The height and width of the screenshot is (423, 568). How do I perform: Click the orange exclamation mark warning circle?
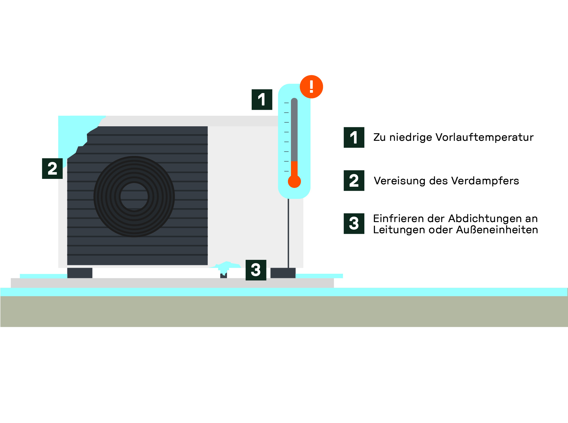click(x=311, y=87)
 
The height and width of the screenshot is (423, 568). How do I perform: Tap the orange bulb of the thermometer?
click(x=294, y=182)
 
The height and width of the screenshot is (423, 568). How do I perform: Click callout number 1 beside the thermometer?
click(x=262, y=99)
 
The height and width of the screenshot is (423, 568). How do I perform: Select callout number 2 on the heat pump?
click(x=52, y=169)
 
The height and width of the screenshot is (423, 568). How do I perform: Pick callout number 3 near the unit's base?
click(x=256, y=270)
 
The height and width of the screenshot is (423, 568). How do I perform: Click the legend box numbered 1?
click(x=354, y=137)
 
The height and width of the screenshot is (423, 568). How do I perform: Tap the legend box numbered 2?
click(x=354, y=181)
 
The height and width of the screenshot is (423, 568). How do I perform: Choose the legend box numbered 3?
click(x=354, y=224)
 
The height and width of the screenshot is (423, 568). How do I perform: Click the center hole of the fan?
click(x=134, y=196)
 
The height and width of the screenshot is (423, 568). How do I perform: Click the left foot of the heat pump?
click(x=80, y=273)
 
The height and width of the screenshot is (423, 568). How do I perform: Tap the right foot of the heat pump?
click(x=283, y=273)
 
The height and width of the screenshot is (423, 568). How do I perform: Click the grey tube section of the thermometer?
click(x=294, y=130)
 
